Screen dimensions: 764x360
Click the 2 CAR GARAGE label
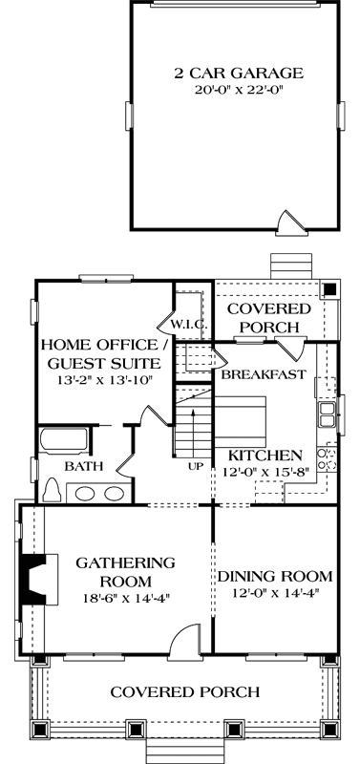(238, 72)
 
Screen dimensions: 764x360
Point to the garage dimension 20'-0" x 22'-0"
(238, 91)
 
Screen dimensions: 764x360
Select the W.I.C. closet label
(191, 325)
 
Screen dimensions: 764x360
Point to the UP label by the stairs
(197, 466)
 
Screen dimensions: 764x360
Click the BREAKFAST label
(264, 374)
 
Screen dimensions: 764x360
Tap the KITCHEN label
(266, 455)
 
